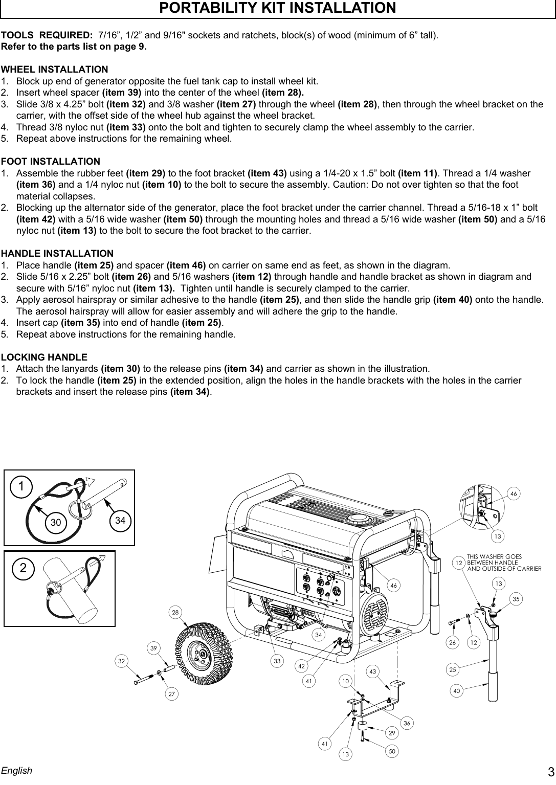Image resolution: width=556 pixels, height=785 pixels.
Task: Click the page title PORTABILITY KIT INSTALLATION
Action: [278, 9]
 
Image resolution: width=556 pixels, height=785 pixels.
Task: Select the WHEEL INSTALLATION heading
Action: [55, 69]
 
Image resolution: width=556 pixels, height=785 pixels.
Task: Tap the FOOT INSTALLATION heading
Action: [51, 162]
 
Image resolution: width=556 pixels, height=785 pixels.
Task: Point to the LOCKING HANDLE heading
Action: [45, 357]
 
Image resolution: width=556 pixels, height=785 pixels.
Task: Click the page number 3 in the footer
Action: [550, 772]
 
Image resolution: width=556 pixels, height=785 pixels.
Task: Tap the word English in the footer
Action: [16, 770]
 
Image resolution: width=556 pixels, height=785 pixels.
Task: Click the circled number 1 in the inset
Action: [21, 487]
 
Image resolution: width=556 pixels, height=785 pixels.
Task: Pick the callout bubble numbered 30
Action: [55, 522]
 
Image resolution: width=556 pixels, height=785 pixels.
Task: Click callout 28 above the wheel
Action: [176, 612]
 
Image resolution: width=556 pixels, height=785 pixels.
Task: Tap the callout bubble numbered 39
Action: [153, 648]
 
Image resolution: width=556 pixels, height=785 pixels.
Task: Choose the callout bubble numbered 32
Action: [121, 661]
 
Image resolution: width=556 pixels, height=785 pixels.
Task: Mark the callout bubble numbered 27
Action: [172, 694]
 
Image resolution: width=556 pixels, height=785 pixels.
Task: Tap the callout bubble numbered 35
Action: [516, 598]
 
